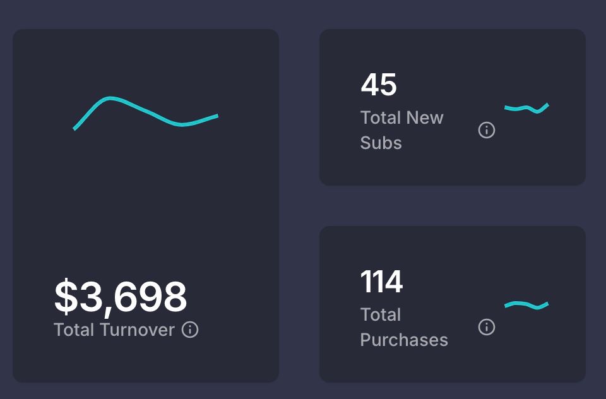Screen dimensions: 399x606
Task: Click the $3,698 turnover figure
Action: click(121, 297)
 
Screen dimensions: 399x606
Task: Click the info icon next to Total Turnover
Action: click(190, 330)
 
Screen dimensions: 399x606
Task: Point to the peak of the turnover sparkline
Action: click(110, 98)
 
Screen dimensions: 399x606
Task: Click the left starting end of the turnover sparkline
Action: click(75, 128)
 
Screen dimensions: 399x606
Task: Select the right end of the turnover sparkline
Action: click(217, 116)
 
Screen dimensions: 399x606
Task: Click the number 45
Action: click(379, 85)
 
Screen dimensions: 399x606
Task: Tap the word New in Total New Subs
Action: click(425, 117)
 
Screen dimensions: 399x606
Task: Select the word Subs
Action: click(381, 143)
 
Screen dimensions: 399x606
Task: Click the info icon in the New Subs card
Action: click(487, 130)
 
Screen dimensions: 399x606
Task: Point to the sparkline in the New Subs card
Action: click(526, 108)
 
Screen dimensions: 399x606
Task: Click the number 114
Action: click(381, 282)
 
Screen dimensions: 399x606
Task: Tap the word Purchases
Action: click(404, 340)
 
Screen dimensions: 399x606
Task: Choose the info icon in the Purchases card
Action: click(487, 327)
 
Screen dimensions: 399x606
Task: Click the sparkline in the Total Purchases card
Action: click(526, 306)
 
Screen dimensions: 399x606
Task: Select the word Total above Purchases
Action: click(381, 314)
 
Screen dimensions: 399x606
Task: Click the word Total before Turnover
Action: click(74, 330)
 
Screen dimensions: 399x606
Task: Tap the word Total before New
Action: click(381, 117)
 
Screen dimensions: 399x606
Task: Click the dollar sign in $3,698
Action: click(65, 297)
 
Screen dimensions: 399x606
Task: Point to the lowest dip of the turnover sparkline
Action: click(183, 124)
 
